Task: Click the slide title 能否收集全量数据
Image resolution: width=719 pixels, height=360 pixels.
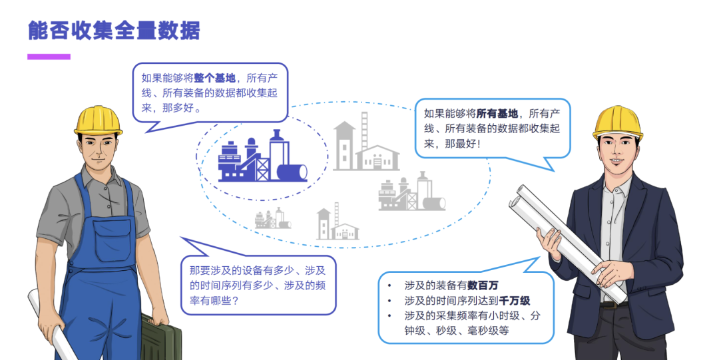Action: click(x=114, y=30)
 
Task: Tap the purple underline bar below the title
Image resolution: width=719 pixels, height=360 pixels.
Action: click(x=49, y=57)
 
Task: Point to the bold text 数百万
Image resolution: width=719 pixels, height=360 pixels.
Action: click(x=483, y=285)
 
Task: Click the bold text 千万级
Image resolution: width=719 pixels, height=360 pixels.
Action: click(x=516, y=301)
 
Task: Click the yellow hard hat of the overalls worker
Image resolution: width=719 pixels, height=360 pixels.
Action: click(x=99, y=118)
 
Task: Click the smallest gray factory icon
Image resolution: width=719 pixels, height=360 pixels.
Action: click(x=273, y=218)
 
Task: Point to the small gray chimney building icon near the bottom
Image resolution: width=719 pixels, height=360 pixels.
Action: click(x=337, y=222)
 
